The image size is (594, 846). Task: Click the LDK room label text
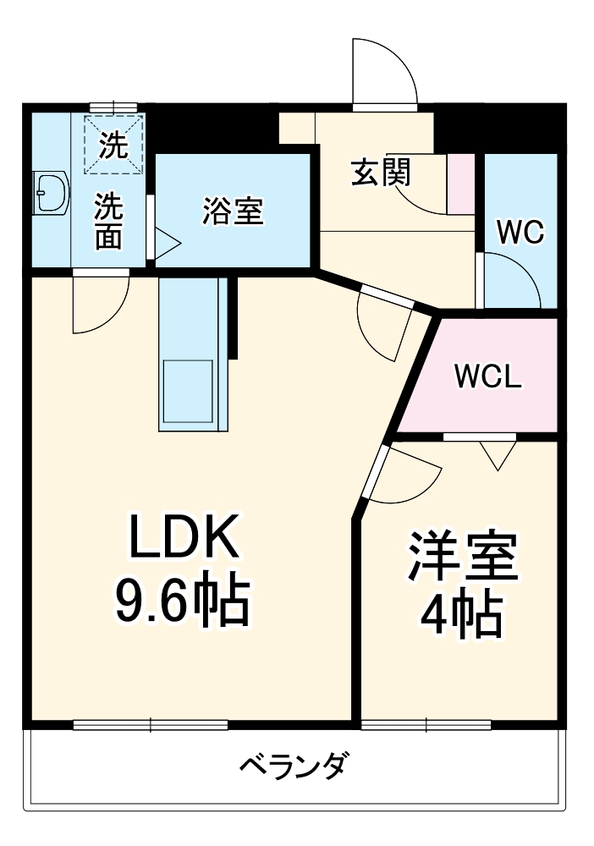(184, 536)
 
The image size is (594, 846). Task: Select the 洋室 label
(462, 557)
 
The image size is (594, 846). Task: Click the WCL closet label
(487, 376)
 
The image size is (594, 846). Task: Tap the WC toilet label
(520, 233)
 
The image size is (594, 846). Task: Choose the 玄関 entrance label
(381, 173)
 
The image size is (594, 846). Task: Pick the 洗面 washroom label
(108, 222)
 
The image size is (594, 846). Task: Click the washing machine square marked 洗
(114, 145)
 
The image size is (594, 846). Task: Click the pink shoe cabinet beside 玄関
(461, 184)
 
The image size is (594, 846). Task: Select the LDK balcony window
(151, 724)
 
